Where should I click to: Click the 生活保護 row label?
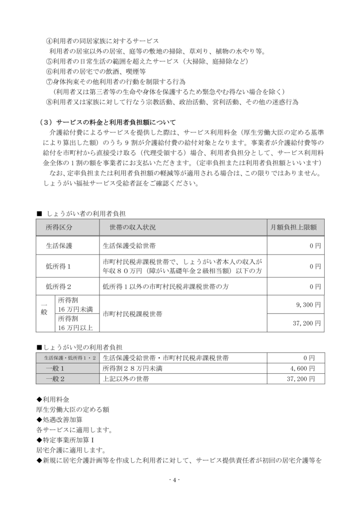pos(59,246)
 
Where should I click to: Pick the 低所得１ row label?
pos(59,266)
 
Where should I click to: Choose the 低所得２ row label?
pos(59,286)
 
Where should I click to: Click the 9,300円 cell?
pos(310,304)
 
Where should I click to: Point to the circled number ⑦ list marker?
pos(49,82)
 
